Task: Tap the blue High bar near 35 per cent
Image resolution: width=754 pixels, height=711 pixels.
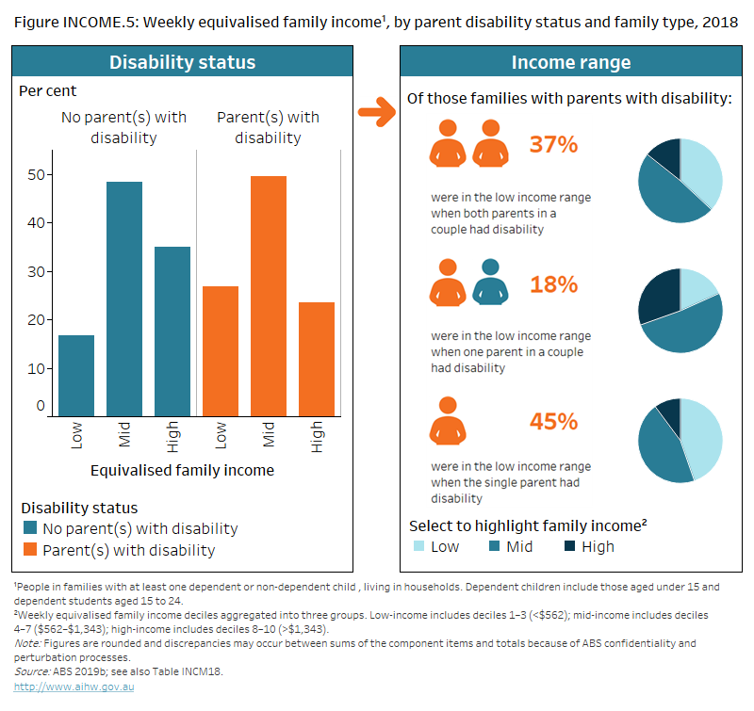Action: [x=172, y=331]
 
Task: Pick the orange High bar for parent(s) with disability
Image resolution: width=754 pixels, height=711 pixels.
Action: [x=317, y=359]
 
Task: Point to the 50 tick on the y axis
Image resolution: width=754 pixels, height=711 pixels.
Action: [x=35, y=174]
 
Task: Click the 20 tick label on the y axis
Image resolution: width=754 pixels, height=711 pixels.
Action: [x=35, y=320]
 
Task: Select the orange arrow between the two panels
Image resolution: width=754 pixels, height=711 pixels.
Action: [x=376, y=116]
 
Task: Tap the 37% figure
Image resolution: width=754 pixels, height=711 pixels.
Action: [x=553, y=145]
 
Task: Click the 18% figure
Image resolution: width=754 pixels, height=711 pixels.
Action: [x=553, y=284]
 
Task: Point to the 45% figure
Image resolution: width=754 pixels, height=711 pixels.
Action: [x=553, y=421]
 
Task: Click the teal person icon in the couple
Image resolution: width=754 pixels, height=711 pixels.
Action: [x=490, y=282]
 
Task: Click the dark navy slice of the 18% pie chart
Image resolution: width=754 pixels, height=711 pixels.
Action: [x=660, y=292]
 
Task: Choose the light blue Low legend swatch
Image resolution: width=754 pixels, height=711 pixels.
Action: [x=418, y=546]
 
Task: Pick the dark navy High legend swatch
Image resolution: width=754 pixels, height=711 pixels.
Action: [x=570, y=546]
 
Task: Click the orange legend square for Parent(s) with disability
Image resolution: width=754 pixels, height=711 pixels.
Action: [x=30, y=550]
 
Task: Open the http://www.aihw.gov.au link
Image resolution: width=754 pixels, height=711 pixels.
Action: [x=62, y=687]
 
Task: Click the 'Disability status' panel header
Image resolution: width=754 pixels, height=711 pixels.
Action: [x=183, y=63]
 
